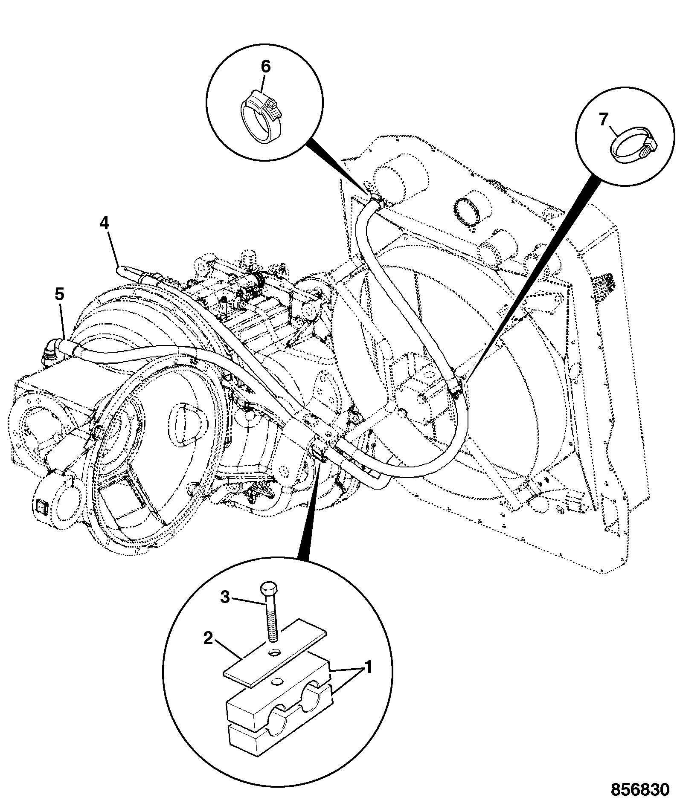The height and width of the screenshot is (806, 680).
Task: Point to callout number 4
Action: [x=105, y=223]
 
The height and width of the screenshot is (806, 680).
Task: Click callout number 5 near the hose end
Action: [x=59, y=294]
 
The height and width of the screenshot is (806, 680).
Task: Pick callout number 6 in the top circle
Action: [x=265, y=67]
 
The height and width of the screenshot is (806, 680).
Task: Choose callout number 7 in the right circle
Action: [x=603, y=121]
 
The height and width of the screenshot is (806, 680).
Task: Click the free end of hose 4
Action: [x=121, y=270]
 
